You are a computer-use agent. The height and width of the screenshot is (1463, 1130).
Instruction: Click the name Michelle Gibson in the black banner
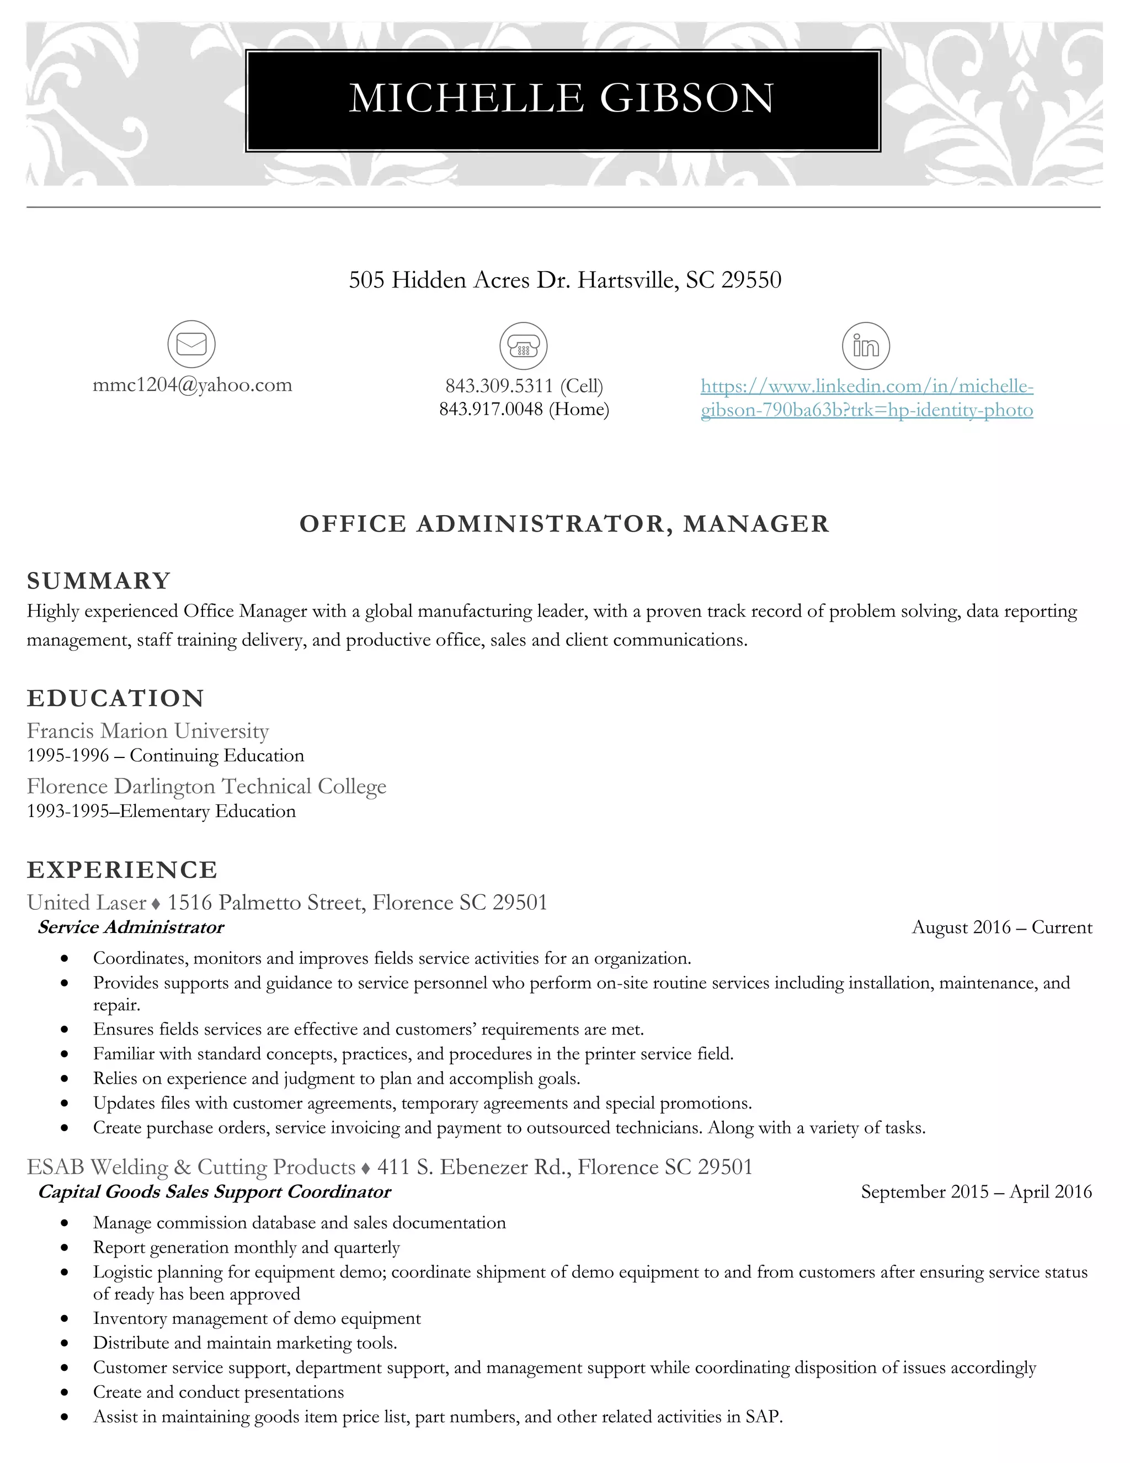click(x=562, y=98)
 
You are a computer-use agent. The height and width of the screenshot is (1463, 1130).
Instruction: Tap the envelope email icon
click(x=191, y=344)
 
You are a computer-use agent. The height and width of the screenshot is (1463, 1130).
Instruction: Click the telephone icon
click(x=524, y=346)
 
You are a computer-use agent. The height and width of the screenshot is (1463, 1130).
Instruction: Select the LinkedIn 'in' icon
click(x=866, y=346)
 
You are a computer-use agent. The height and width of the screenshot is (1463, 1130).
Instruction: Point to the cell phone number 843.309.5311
click(x=499, y=386)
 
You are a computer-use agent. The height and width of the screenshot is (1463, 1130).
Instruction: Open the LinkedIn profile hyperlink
click(x=867, y=397)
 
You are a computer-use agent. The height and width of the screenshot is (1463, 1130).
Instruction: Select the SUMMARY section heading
click(x=99, y=581)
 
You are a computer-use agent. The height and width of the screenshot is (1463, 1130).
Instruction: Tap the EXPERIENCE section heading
click(x=122, y=870)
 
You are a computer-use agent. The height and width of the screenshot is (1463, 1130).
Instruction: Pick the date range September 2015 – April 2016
click(x=976, y=1192)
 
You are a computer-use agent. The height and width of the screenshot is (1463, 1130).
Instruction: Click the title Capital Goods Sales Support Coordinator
click(x=214, y=1192)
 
